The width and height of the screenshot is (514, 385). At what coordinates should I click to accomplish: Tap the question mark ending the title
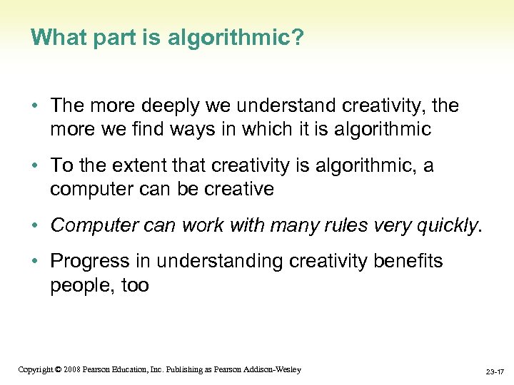(297, 38)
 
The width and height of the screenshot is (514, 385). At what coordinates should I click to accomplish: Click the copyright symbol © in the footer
(58, 369)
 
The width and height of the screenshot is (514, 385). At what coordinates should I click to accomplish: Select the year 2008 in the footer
(71, 369)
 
